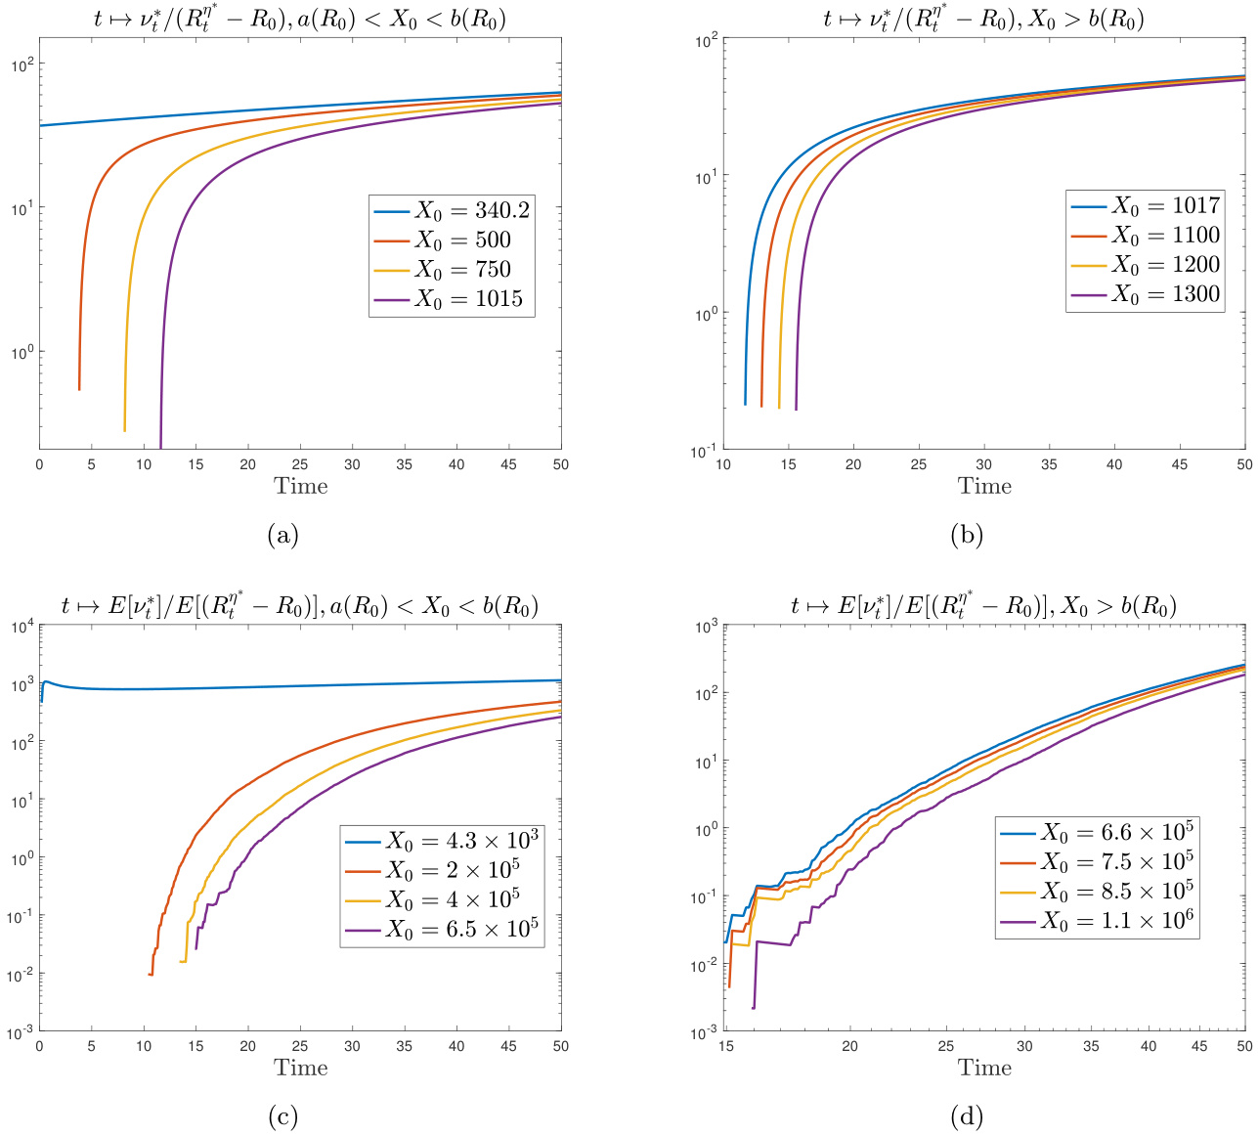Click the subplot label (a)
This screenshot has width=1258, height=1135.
[x=282, y=535]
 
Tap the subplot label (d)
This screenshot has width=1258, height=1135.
[x=966, y=1116]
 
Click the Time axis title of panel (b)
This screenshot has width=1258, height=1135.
[x=984, y=486]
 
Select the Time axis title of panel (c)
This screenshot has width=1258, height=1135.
[x=300, y=1068]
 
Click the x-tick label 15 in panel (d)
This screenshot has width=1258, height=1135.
[x=726, y=1047]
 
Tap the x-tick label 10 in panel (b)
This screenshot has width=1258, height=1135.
[x=723, y=465]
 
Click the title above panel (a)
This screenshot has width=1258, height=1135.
[x=300, y=19]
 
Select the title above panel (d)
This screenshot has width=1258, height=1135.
[x=983, y=606]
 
